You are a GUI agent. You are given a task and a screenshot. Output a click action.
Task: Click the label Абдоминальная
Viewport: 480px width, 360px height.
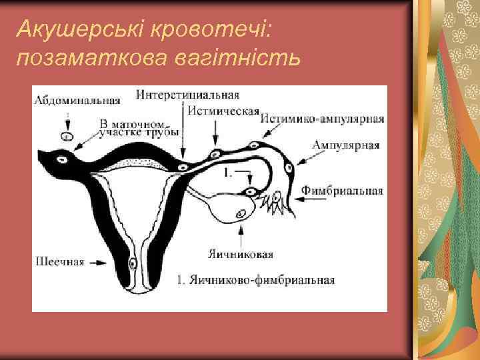coord(77,101)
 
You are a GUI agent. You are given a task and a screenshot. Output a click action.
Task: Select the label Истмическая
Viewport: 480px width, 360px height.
coord(223,111)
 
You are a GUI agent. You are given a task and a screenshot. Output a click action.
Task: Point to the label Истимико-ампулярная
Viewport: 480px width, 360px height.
coord(323,119)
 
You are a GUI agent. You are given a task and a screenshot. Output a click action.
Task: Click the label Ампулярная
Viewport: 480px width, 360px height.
coord(346,145)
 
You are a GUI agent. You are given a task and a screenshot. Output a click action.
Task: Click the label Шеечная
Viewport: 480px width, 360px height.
coord(59,261)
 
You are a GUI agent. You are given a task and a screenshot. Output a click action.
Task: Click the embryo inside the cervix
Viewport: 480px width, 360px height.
coord(133,263)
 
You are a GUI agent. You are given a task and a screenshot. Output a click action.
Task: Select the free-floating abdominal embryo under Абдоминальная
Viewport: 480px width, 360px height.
coord(67,136)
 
